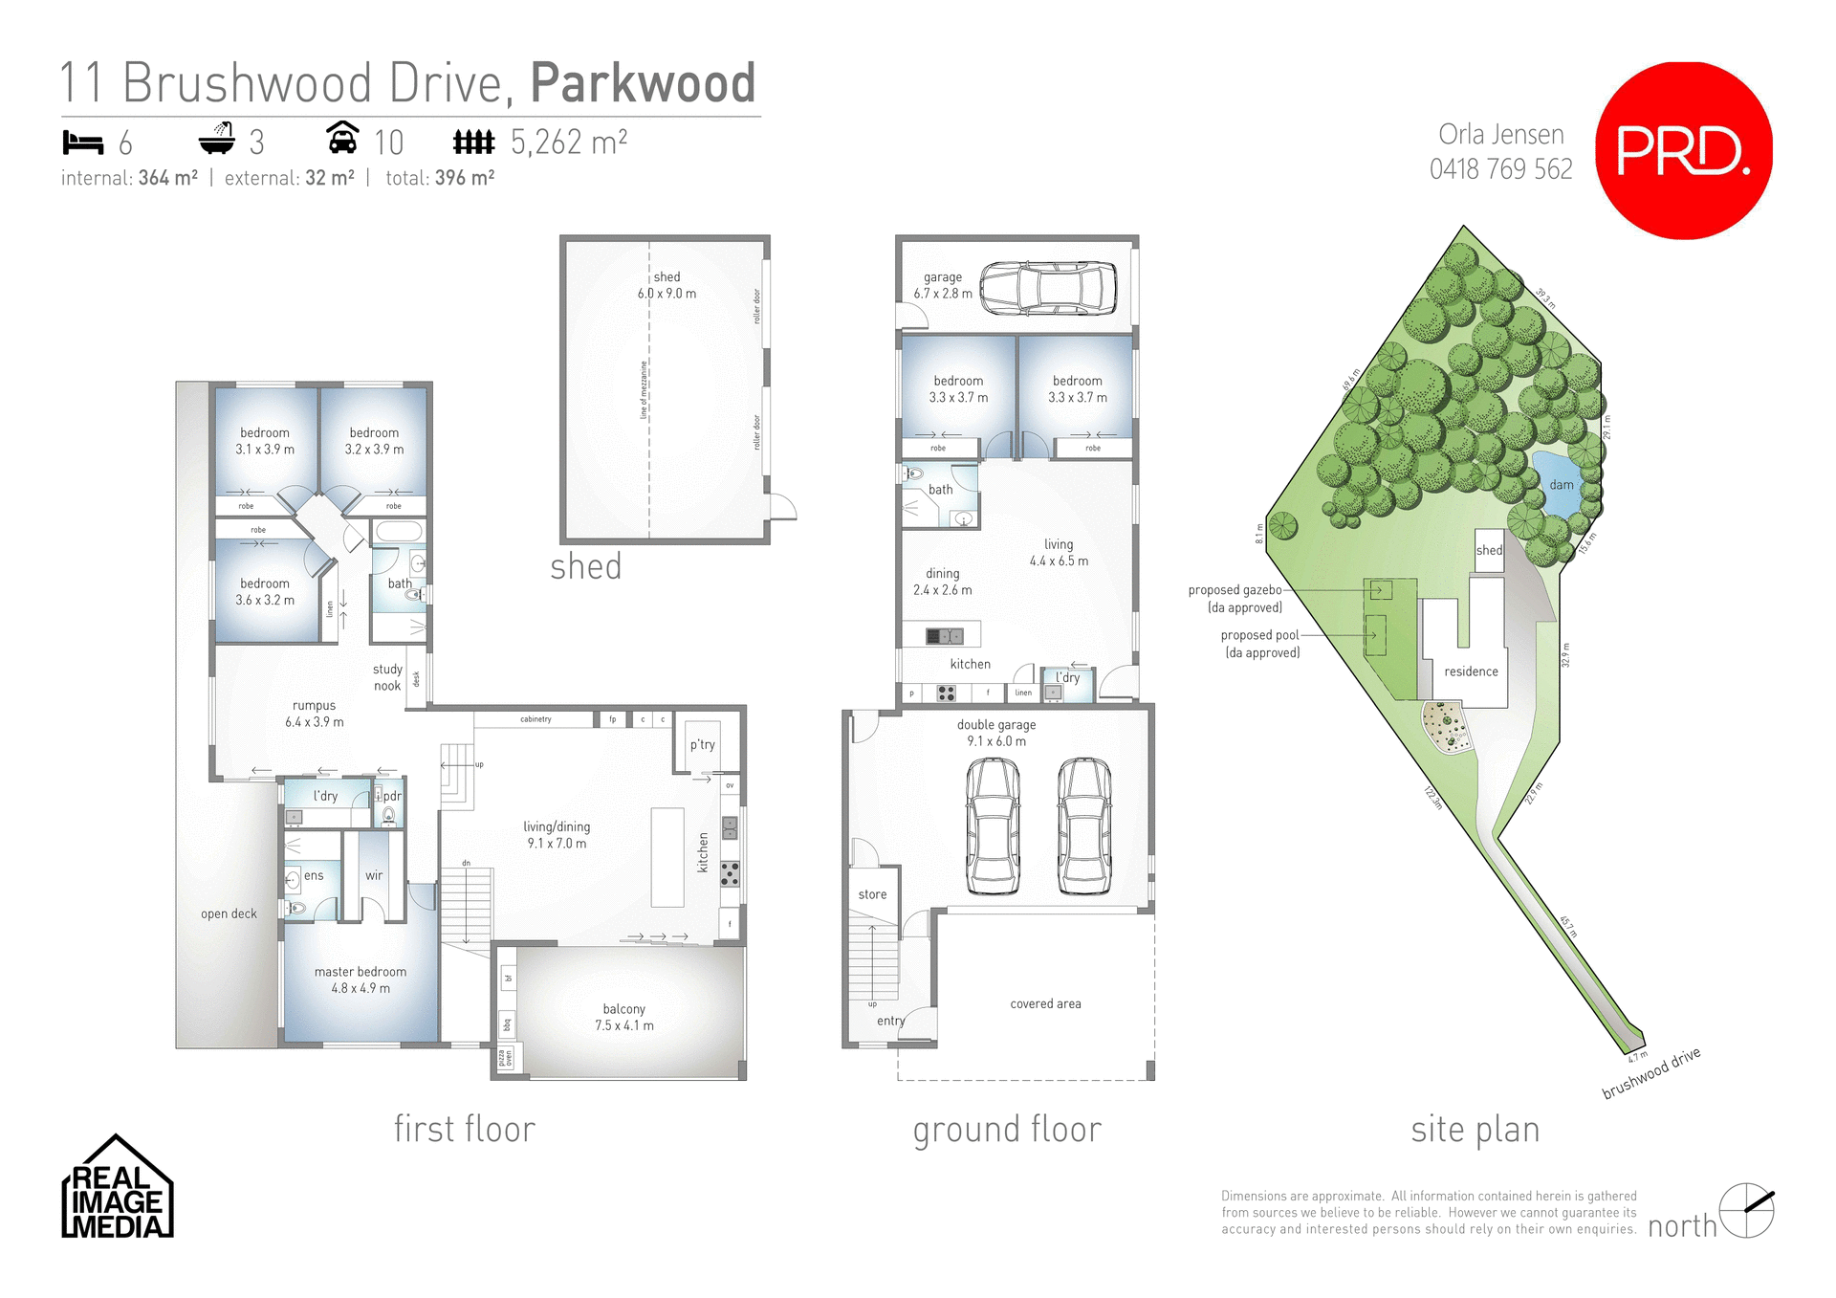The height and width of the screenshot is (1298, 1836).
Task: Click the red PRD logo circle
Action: pyautogui.click(x=1683, y=150)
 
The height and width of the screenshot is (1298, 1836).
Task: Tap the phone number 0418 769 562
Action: pyautogui.click(x=1500, y=169)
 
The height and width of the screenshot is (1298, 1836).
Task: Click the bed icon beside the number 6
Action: pyautogui.click(x=82, y=143)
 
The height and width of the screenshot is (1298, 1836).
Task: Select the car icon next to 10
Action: pyautogui.click(x=342, y=139)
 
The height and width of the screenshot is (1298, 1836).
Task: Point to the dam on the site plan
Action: pyautogui.click(x=1561, y=484)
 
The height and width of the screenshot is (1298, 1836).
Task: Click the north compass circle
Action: pyautogui.click(x=1746, y=1210)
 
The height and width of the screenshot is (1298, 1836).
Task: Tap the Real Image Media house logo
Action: pyautogui.click(x=117, y=1189)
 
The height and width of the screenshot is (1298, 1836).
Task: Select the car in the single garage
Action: pyautogui.click(x=1048, y=287)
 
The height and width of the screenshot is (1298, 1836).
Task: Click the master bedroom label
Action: pyautogui.click(x=361, y=979)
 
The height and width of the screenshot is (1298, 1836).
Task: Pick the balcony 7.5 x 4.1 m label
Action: pyautogui.click(x=624, y=1017)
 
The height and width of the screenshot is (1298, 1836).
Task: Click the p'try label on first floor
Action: pyautogui.click(x=702, y=744)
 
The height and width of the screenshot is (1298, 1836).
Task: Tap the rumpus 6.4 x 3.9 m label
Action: pyautogui.click(x=314, y=714)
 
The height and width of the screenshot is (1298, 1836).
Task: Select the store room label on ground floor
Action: pyautogui.click(x=872, y=894)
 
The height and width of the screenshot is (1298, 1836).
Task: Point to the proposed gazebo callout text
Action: pyautogui.click(x=1235, y=599)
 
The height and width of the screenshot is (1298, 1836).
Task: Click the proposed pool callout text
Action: pyautogui.click(x=1260, y=644)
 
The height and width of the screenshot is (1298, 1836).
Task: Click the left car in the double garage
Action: pyautogui.click(x=993, y=825)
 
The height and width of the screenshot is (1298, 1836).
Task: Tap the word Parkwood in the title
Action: pyautogui.click(x=643, y=83)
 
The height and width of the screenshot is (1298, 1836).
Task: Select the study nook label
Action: pyautogui.click(x=387, y=677)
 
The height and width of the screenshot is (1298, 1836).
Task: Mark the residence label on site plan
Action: pyautogui.click(x=1471, y=671)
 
